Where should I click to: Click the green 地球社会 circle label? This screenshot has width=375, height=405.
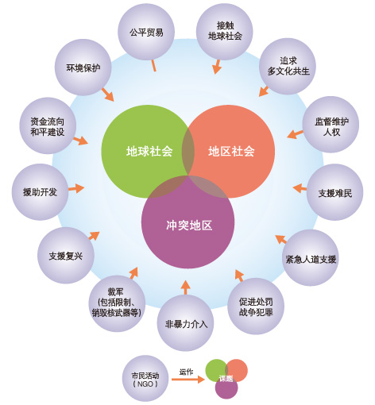(149, 152)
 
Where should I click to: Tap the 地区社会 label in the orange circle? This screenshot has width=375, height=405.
(231, 152)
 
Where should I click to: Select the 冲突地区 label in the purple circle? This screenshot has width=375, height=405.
(189, 226)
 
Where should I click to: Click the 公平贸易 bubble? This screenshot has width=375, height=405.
(146, 32)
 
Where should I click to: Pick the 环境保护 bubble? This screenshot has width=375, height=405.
(83, 67)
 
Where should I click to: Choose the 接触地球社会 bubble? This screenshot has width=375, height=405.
(225, 32)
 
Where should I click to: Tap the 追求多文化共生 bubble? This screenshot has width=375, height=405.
(288, 66)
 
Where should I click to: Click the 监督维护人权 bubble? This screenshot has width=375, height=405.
(331, 125)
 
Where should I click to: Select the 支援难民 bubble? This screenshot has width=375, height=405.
(335, 192)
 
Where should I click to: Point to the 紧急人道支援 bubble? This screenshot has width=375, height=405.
(311, 258)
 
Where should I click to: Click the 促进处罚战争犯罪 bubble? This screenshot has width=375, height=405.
(256, 307)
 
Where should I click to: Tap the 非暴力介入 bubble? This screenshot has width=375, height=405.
(185, 323)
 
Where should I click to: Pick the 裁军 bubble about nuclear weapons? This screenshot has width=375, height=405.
(117, 303)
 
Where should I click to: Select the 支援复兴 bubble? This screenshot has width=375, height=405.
(66, 256)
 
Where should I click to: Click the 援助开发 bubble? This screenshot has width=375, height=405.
(40, 192)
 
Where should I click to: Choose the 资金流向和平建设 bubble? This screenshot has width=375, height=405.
(48, 125)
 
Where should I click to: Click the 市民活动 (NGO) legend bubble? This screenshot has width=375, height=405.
(145, 379)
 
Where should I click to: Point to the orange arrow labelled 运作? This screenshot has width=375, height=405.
(188, 380)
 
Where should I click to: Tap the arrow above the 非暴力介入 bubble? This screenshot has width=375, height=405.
(185, 287)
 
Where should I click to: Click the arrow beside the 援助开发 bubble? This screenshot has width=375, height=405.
(76, 188)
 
